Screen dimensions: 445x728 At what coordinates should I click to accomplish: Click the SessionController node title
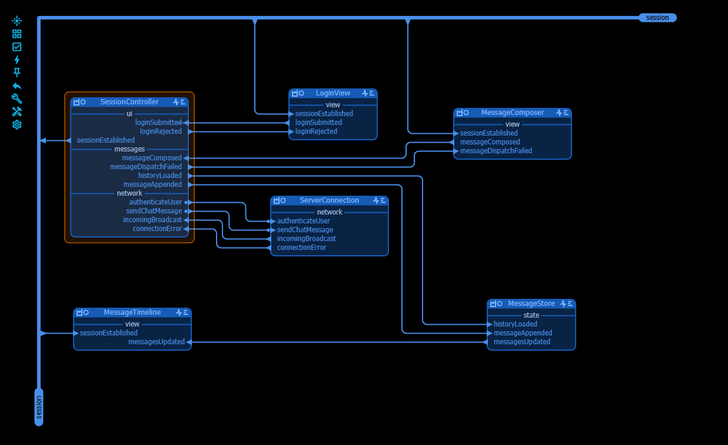[129, 102]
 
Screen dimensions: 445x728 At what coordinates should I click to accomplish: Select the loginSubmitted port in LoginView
[318, 123]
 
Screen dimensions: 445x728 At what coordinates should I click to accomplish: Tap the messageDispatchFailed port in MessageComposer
[496, 151]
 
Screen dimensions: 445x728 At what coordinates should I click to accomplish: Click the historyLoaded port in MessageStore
[515, 324]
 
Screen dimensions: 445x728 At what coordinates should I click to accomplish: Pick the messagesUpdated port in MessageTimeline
[157, 342]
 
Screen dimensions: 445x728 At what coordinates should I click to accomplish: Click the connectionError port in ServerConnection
[301, 248]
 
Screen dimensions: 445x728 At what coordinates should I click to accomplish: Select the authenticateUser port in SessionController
[155, 202]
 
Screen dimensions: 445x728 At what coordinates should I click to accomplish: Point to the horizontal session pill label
[657, 18]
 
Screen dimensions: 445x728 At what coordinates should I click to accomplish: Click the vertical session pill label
[39, 407]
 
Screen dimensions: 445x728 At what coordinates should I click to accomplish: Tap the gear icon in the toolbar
[17, 124]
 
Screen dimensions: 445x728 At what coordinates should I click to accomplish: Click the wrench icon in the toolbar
[17, 98]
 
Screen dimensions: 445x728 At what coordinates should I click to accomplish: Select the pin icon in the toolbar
[17, 72]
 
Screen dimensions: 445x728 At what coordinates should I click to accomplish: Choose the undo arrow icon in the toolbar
[17, 85]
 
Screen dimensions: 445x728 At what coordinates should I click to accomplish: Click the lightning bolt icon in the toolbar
[17, 60]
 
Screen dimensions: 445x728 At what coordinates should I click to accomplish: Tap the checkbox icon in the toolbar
[17, 47]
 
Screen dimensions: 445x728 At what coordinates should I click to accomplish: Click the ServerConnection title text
[329, 200]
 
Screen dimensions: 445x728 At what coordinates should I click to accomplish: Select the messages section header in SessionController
[129, 149]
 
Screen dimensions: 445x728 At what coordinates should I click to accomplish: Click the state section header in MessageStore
[531, 315]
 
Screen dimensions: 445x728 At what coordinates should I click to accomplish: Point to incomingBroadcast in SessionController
[152, 220]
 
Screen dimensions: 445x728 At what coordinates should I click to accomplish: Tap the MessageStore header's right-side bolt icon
[563, 304]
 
